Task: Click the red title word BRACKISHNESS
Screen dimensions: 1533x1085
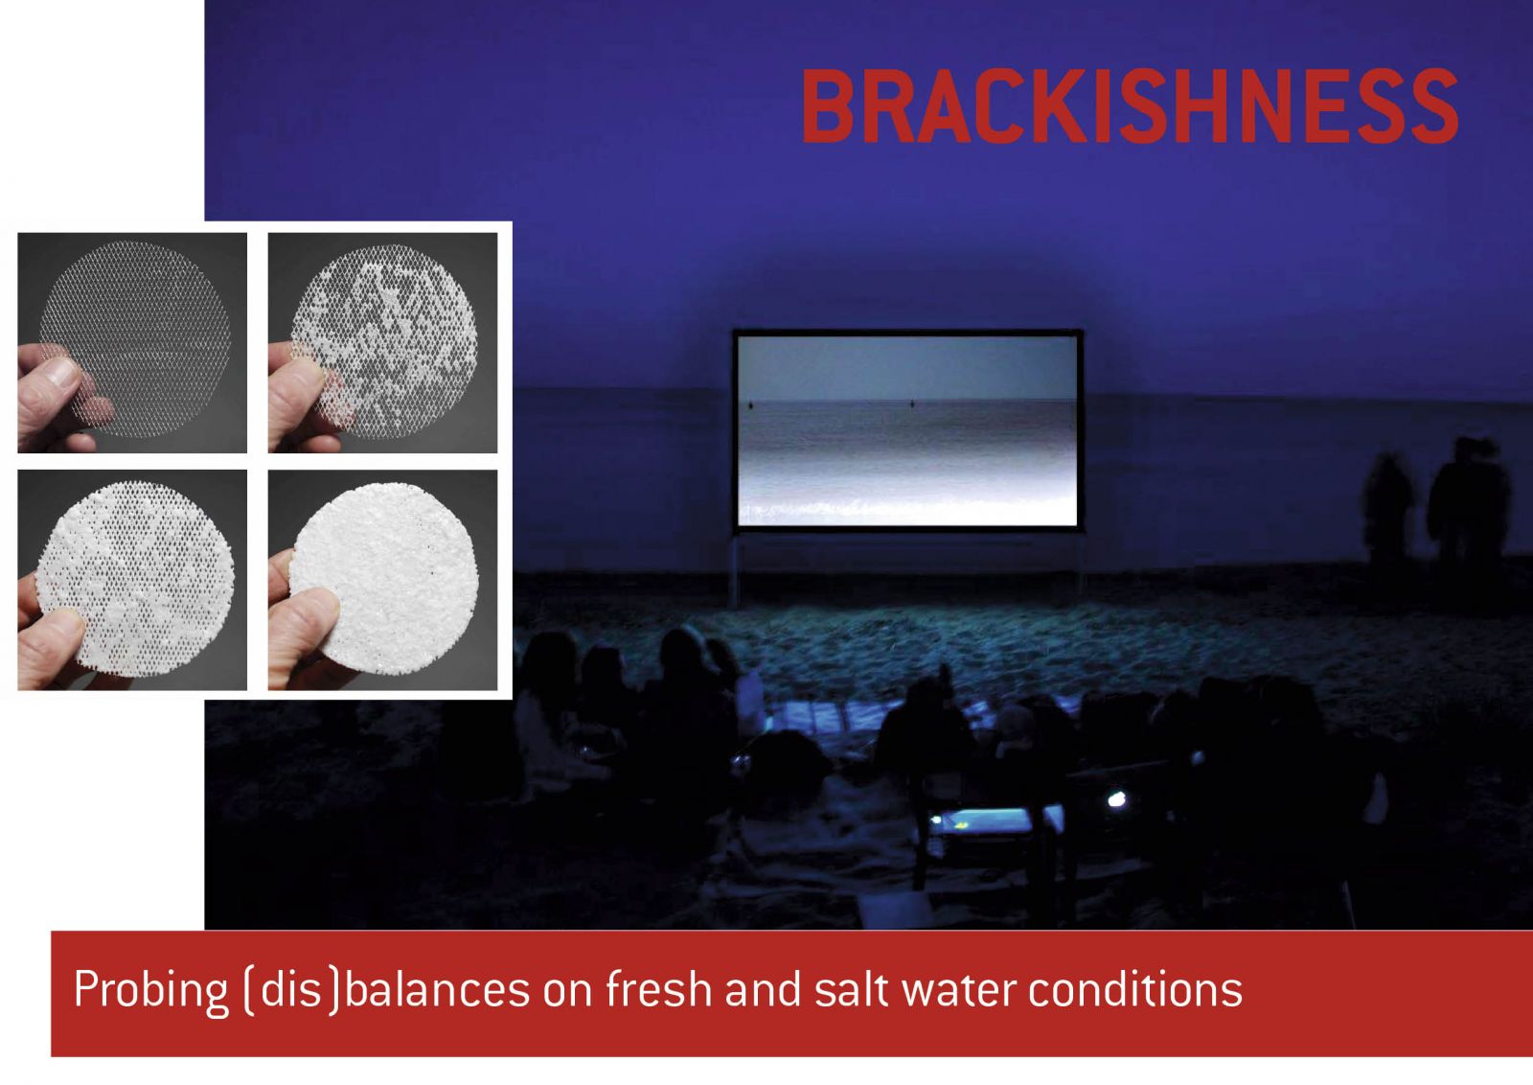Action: point(1130,106)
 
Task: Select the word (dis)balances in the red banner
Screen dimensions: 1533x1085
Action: point(387,990)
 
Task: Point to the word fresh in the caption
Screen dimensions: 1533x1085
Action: point(658,988)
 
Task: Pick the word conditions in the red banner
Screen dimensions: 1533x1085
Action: point(1135,989)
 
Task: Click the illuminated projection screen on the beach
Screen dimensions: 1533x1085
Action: point(907,430)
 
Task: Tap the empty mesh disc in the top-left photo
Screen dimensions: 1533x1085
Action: point(135,339)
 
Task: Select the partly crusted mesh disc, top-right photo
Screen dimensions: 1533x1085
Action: point(384,339)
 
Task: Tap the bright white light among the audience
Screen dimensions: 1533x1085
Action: point(1116,798)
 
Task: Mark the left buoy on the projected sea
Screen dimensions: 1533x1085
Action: point(751,405)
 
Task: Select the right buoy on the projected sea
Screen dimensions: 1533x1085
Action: point(912,404)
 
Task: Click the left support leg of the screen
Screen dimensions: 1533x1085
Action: point(734,569)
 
